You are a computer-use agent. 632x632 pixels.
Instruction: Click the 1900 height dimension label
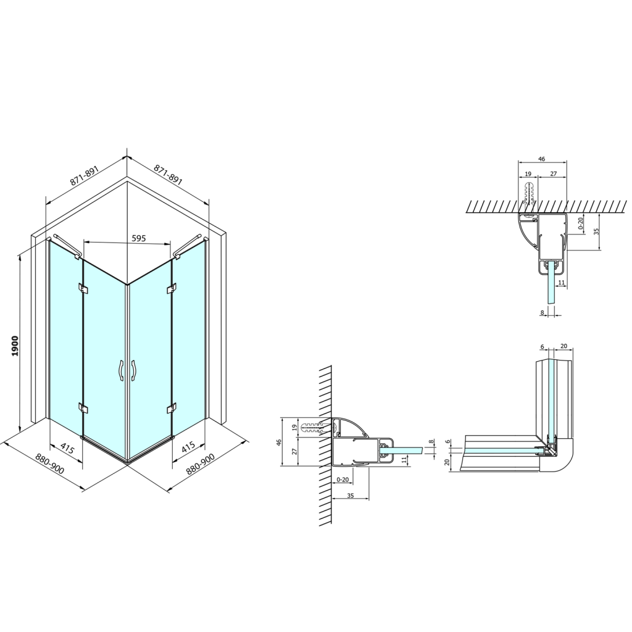pos(15,346)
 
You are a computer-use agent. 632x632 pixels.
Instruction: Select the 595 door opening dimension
pos(139,238)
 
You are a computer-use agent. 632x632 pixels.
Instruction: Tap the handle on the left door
pos(120,370)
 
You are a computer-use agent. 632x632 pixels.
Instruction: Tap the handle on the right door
pos(133,370)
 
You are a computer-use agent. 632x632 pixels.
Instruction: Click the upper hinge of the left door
pos(83,288)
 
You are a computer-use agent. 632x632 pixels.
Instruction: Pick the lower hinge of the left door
pos(83,408)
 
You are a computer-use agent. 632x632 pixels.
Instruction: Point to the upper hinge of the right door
pos(172,288)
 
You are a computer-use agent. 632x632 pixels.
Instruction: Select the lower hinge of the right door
pos(172,408)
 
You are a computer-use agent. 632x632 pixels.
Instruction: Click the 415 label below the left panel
pos(67,448)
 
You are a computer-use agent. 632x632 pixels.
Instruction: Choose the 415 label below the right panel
pos(188,447)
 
